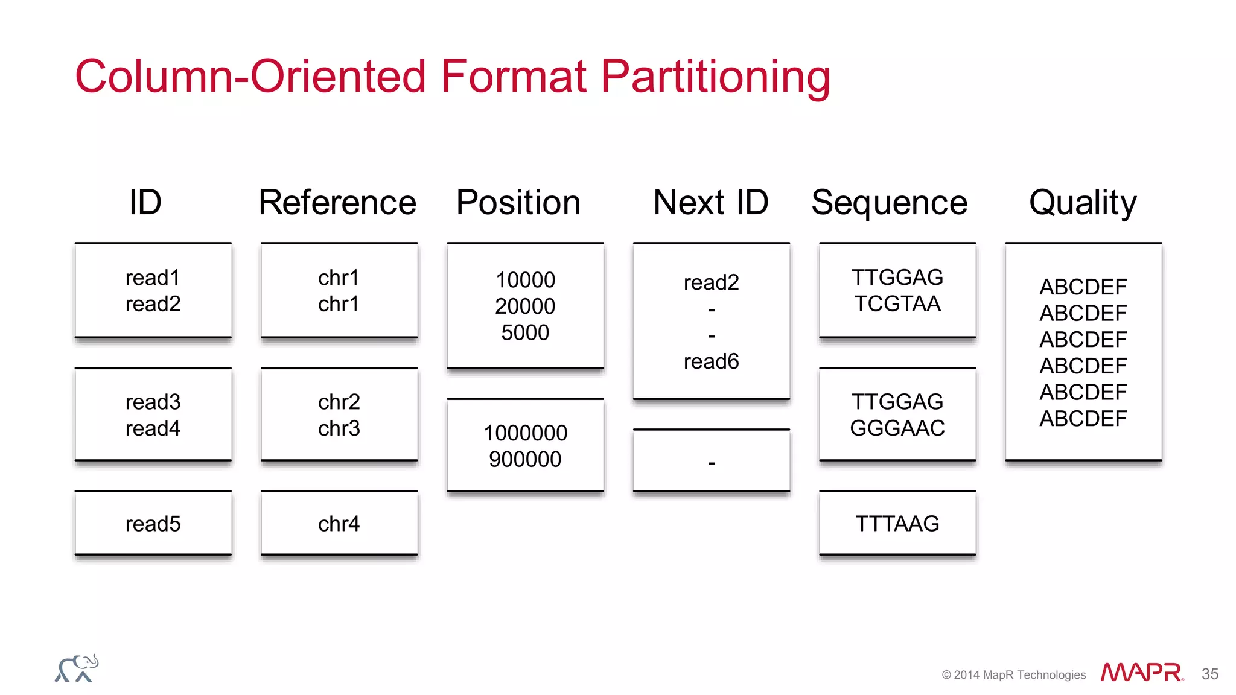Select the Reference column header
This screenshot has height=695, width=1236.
[337, 202]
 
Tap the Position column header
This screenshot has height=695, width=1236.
[518, 202]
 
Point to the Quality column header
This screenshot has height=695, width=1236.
[1083, 203]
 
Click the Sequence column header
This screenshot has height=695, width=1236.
[890, 203]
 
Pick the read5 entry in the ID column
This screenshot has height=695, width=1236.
[153, 524]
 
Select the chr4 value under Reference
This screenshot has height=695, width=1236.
[339, 524]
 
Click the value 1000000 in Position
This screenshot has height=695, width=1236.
[525, 433]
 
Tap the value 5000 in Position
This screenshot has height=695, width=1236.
[525, 332]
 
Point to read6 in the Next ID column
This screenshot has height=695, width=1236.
[711, 361]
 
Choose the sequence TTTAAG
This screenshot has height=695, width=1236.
[897, 524]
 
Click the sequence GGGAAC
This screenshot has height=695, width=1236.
[897, 428]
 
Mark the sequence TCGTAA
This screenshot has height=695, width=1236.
[897, 303]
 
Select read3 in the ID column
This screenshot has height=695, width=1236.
[153, 402]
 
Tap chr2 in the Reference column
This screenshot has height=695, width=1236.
[339, 402]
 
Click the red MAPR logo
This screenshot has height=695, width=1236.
[1141, 672]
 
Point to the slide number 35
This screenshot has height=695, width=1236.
[1210, 674]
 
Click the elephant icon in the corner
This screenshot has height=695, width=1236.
[77, 668]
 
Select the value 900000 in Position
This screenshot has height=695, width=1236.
[525, 459]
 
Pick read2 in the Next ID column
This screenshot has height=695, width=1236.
[711, 282]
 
